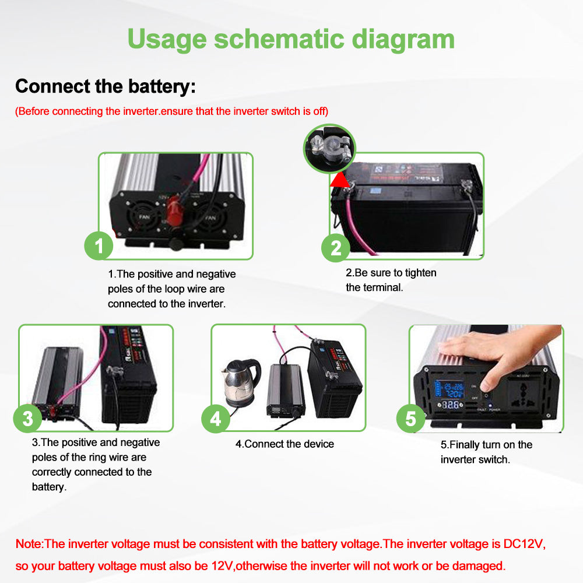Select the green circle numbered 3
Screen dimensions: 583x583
point(28,418)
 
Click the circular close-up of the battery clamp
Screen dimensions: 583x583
point(328,149)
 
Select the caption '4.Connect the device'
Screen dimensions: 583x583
point(285,444)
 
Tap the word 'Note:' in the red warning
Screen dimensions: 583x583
point(29,544)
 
